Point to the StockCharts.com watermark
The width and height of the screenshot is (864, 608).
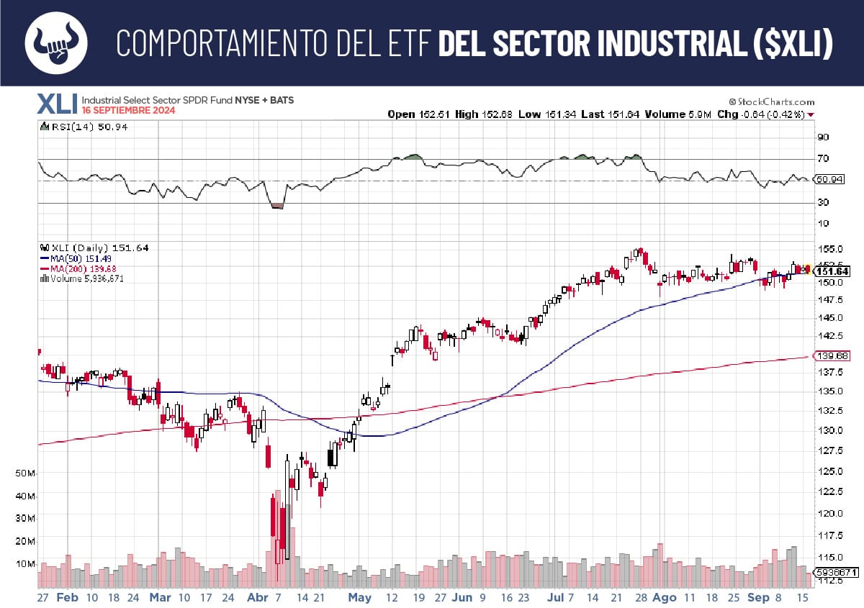tap(771, 102)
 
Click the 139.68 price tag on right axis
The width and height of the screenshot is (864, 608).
tap(832, 356)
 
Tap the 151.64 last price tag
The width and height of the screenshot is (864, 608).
tap(832, 271)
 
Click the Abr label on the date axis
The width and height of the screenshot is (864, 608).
tap(257, 598)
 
